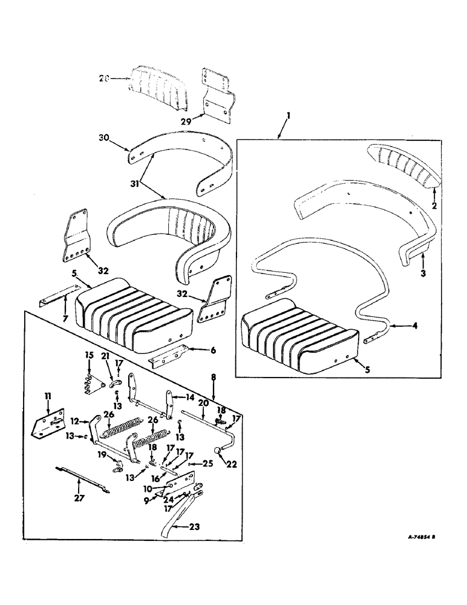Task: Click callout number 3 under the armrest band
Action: (x=423, y=273)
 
